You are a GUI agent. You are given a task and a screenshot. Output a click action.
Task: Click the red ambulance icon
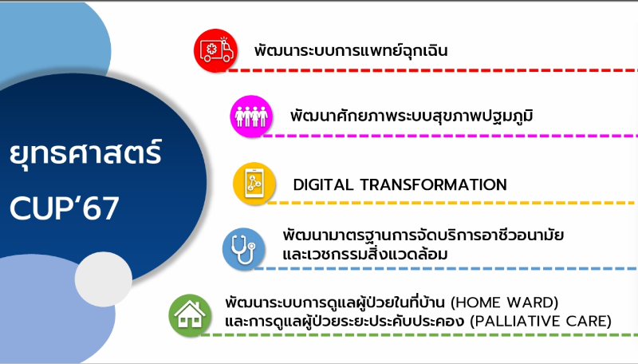point(215,50)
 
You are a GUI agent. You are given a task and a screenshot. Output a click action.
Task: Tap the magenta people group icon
point(251,116)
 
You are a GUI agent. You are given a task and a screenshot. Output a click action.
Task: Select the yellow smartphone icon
point(254,184)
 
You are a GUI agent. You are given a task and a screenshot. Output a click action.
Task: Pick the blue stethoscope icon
point(243,249)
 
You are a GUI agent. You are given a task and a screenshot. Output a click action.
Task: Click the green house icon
point(190,315)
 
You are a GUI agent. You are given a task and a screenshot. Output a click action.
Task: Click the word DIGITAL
point(323,185)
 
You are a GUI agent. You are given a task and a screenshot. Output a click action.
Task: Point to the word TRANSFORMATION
point(434,185)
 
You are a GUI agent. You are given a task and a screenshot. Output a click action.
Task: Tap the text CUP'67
point(65,208)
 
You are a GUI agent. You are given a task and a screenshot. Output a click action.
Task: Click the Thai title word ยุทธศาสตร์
point(86,153)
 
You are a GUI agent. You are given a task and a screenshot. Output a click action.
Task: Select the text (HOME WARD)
point(505,303)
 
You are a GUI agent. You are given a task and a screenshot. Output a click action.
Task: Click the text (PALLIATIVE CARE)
point(541,321)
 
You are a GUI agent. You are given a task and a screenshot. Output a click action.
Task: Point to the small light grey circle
point(104,279)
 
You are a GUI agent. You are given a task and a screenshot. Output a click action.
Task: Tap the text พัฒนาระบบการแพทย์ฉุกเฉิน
point(351,50)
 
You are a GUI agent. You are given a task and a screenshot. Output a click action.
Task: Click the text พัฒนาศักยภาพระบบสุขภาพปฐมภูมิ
point(412,116)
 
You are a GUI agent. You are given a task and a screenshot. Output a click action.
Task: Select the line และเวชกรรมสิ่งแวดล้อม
point(365,254)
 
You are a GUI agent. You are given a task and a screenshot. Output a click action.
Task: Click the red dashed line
point(432,70)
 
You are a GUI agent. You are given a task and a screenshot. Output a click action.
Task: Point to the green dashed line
point(419,335)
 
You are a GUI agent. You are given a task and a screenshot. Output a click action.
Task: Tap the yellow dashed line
point(452,203)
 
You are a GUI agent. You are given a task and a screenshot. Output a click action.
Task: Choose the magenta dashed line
point(451,136)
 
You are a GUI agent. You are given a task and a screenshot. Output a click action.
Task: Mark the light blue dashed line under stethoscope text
point(446,268)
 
